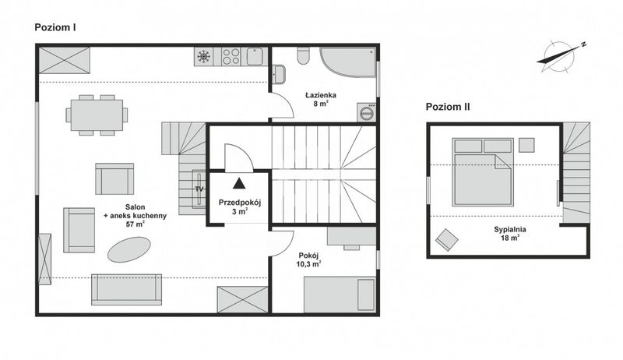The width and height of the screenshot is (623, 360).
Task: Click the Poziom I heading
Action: click(55, 27)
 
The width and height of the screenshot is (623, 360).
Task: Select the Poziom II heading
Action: click(448, 107)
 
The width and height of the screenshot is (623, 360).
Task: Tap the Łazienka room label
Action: click(321, 95)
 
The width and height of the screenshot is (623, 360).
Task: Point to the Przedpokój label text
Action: click(240, 203)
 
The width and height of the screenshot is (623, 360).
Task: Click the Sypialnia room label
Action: click(510, 229)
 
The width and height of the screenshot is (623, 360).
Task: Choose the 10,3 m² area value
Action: click(308, 264)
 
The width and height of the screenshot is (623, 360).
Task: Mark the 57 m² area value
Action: click(135, 224)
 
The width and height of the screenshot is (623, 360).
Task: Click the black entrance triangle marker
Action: click(239, 183)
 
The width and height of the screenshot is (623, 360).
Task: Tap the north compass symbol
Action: click(560, 56)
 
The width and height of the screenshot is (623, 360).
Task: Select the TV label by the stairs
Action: click(199, 189)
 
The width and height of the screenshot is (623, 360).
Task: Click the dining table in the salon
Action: click(97, 115)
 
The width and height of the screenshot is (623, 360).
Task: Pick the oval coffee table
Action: click(129, 249)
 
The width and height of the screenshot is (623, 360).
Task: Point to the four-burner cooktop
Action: click(231, 56)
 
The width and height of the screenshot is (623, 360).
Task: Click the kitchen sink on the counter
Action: click(255, 56)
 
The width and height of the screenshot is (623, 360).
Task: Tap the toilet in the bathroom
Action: click(304, 55)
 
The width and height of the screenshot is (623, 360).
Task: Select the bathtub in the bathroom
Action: click(348, 62)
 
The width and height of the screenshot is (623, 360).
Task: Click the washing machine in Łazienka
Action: click(366, 112)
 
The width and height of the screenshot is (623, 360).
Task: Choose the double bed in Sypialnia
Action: click(483, 172)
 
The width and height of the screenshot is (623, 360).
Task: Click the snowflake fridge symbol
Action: click(204, 56)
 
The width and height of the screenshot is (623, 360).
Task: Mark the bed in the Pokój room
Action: click(340, 295)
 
